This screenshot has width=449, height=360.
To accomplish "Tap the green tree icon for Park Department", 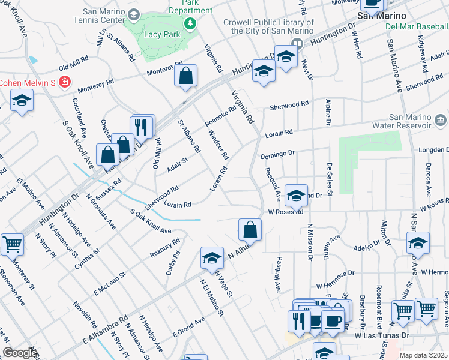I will coord(190,23).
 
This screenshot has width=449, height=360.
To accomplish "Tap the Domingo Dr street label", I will coord(278,155).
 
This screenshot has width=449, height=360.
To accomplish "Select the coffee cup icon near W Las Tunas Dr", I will coord(333,321).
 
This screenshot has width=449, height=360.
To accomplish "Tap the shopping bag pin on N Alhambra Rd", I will coord(250,230).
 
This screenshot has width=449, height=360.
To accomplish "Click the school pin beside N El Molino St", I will coord(211,258).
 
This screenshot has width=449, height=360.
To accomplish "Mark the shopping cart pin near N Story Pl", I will coord(12,244).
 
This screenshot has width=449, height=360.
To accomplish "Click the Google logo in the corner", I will coord(19,353).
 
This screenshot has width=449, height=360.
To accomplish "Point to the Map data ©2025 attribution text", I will coord(423,355).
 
